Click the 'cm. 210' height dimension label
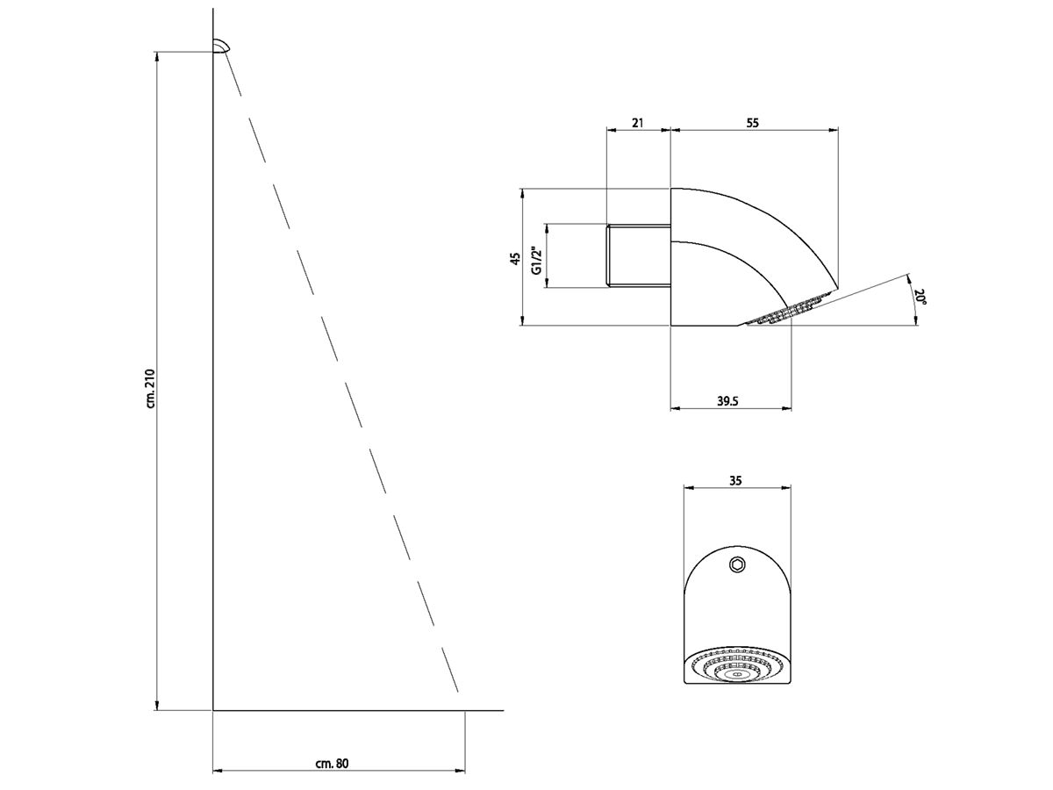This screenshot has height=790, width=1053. click(151, 389)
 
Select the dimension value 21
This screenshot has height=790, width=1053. click(637, 123)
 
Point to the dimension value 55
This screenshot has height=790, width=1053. click(753, 123)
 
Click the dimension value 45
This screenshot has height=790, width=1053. click(515, 259)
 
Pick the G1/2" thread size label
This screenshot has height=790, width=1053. click(537, 261)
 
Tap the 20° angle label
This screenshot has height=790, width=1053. click(920, 296)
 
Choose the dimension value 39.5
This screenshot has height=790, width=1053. click(727, 401)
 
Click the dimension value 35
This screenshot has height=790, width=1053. click(735, 480)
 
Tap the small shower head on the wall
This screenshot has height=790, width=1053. click(222, 46)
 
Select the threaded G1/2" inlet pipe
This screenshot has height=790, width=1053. click(639, 255)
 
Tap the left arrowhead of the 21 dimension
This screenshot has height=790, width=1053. click(612, 130)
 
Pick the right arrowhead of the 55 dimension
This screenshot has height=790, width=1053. click(834, 130)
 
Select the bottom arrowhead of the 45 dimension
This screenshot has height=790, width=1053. click(522, 320)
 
